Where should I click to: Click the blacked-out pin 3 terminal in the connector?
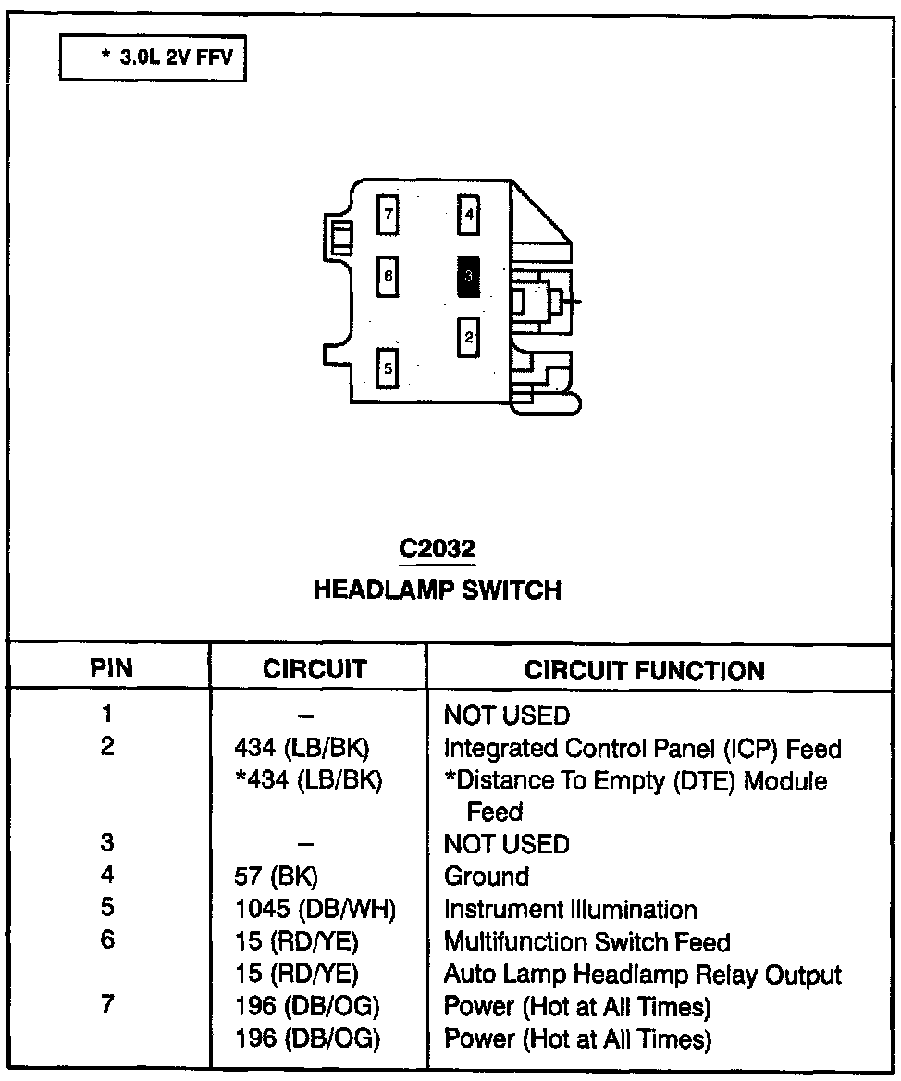pos(469,277)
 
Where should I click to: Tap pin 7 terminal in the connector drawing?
pos(389,216)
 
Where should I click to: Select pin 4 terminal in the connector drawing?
pos(469,216)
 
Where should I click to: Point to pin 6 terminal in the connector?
pos(389,276)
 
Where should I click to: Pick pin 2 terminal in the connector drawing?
pos(469,337)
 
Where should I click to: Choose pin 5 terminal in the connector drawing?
pos(389,368)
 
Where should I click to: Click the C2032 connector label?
pos(437,549)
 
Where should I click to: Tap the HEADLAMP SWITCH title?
pos(437,590)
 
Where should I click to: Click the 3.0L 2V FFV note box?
pos(153,57)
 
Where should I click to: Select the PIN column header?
pos(111,669)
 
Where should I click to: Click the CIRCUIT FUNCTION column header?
pos(645,671)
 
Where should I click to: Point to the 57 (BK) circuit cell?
pos(278,876)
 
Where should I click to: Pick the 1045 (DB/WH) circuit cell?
pos(315,910)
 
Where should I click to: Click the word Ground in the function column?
pos(487,876)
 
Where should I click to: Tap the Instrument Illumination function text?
pos(570,910)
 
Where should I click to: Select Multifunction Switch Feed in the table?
pos(587,942)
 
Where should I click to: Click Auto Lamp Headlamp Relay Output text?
pos(643,975)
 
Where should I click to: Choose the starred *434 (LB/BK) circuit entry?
pos(309,781)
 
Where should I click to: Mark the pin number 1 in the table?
pos(108,714)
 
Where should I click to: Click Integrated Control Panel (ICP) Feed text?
pos(643,748)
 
